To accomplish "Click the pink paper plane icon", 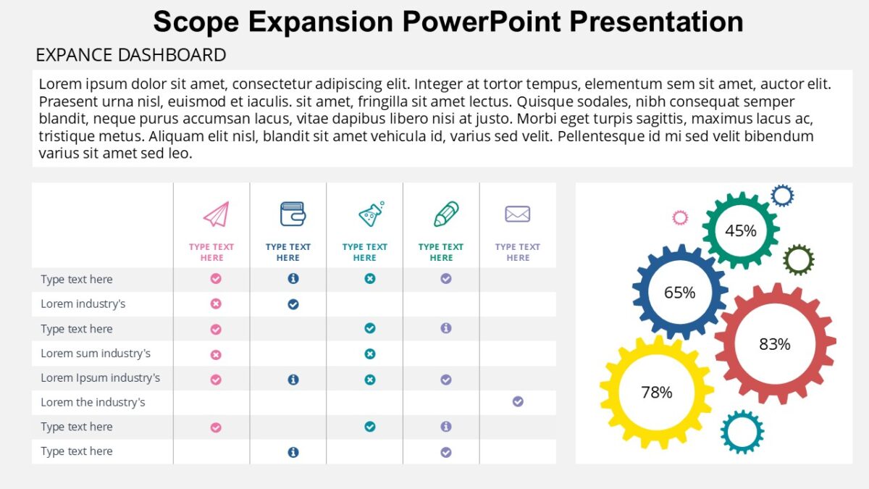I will point(216,214).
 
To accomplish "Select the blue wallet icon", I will point(293,214).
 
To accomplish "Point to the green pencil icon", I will point(446,214).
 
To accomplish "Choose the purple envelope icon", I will point(517,214).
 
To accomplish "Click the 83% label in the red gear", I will point(774,344).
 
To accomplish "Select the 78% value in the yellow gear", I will point(656,392).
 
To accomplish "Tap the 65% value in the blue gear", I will point(679,292).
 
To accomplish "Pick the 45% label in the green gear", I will point(740,230).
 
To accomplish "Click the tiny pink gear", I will point(679,217).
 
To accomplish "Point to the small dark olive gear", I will point(798,259).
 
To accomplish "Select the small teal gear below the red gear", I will point(742,432).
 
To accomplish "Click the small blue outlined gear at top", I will point(782,195).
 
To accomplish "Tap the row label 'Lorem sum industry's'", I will point(96,354).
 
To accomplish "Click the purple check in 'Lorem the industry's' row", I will point(518,401).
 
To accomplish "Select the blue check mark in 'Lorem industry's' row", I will point(293,304).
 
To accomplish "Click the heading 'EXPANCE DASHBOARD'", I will point(130,55).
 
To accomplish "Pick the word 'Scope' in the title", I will point(196,22).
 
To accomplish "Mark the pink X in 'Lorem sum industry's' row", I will point(215,355).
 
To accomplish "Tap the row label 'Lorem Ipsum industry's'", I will point(100,377).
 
